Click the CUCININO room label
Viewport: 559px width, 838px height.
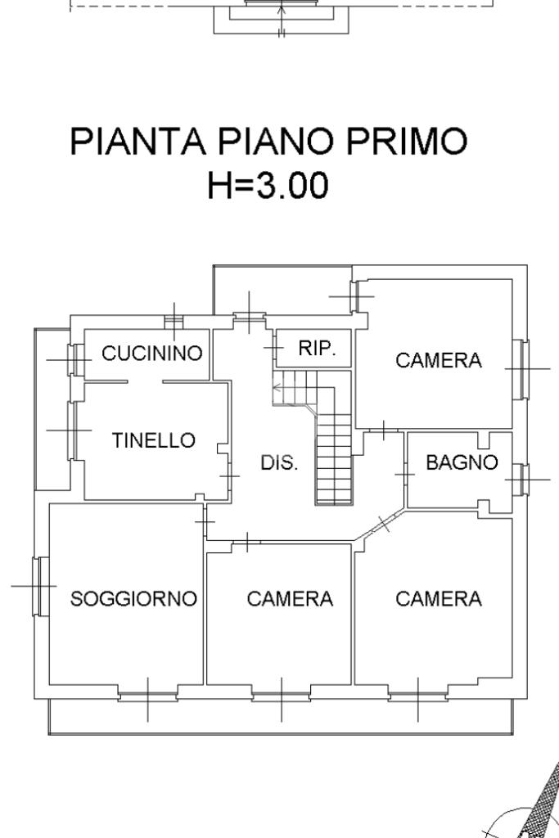(151, 354)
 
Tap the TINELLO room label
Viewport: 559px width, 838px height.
(154, 440)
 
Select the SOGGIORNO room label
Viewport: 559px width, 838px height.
(133, 599)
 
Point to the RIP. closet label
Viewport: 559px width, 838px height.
(317, 348)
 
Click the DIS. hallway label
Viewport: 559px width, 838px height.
(279, 462)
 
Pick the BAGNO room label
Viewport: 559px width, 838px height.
(462, 462)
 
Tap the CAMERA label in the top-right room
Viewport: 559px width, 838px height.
(439, 360)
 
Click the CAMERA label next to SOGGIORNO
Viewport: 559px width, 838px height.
(290, 599)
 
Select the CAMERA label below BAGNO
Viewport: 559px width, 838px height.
(439, 599)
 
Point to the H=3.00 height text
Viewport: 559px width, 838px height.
(268, 186)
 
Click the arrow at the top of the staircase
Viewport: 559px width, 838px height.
(278, 387)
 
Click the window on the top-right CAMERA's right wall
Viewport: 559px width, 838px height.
(521, 369)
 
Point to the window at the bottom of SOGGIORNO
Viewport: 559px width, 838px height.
(148, 696)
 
